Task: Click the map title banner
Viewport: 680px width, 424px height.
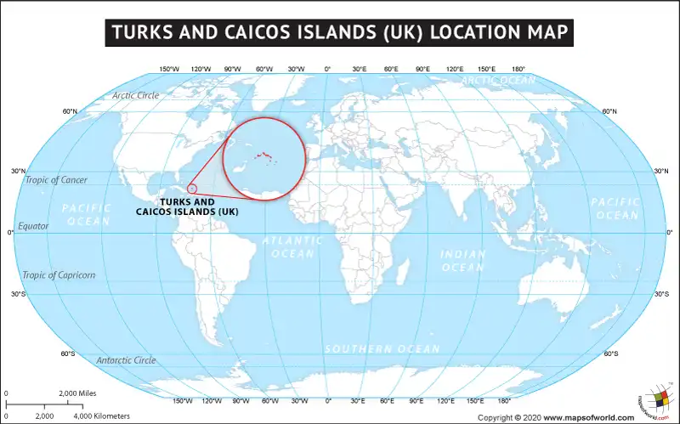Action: coord(340,32)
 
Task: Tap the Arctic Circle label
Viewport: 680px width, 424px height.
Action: coord(135,95)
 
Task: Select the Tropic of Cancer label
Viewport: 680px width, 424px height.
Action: coord(56,180)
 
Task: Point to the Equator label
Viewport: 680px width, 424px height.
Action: coord(34,226)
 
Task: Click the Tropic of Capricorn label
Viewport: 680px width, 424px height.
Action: coord(59,275)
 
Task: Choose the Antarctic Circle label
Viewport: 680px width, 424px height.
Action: coord(126,360)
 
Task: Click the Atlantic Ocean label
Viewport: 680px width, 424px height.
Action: coord(292,246)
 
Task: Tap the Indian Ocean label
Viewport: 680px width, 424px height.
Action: coord(462,260)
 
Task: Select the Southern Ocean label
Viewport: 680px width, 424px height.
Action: coord(382,349)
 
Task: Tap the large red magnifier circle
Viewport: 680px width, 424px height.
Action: coord(263,158)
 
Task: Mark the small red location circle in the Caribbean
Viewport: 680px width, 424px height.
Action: coord(192,188)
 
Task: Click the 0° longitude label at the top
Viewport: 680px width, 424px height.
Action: coord(328,69)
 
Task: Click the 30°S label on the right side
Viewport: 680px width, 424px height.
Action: coord(661,294)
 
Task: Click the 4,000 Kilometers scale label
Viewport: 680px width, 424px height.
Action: coord(102,416)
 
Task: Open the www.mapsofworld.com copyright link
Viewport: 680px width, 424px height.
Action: coord(589,417)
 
